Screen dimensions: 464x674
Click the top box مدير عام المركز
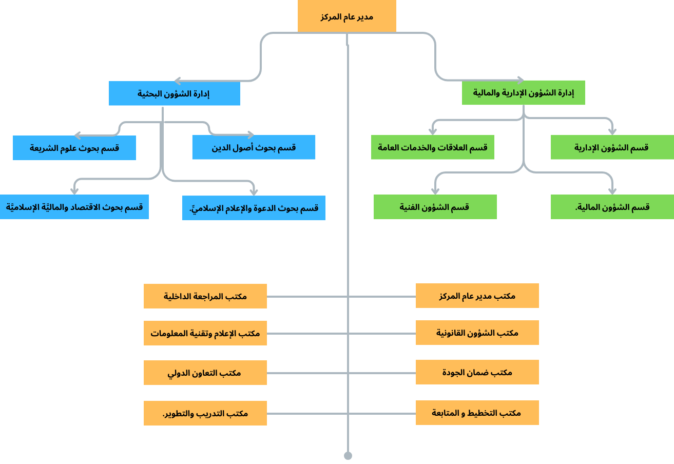point(346,16)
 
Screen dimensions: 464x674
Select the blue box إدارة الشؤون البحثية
point(174,93)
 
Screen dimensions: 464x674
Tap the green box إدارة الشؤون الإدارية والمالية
point(523,93)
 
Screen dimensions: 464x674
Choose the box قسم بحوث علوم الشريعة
point(74,148)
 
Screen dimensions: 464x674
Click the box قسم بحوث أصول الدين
point(254,147)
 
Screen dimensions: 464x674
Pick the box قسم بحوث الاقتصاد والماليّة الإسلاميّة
point(74,207)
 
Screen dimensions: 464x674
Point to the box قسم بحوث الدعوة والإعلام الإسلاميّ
point(254,208)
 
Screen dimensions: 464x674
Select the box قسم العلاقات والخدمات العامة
point(432,147)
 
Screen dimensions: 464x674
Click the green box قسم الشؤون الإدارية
point(612,147)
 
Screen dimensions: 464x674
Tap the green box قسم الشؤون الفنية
point(435,207)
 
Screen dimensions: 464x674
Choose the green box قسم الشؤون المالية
point(612,207)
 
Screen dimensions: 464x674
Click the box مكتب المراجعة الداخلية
point(205,296)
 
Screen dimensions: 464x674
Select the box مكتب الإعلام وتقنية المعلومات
point(205,333)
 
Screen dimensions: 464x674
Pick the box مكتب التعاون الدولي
point(205,373)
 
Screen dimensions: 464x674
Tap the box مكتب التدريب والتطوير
point(205,413)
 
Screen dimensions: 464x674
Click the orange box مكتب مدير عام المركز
point(477,296)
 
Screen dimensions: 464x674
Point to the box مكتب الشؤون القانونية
point(477,333)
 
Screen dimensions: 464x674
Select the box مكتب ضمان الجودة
point(477,372)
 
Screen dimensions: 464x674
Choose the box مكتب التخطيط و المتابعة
point(477,413)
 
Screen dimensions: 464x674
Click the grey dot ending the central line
point(348,455)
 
